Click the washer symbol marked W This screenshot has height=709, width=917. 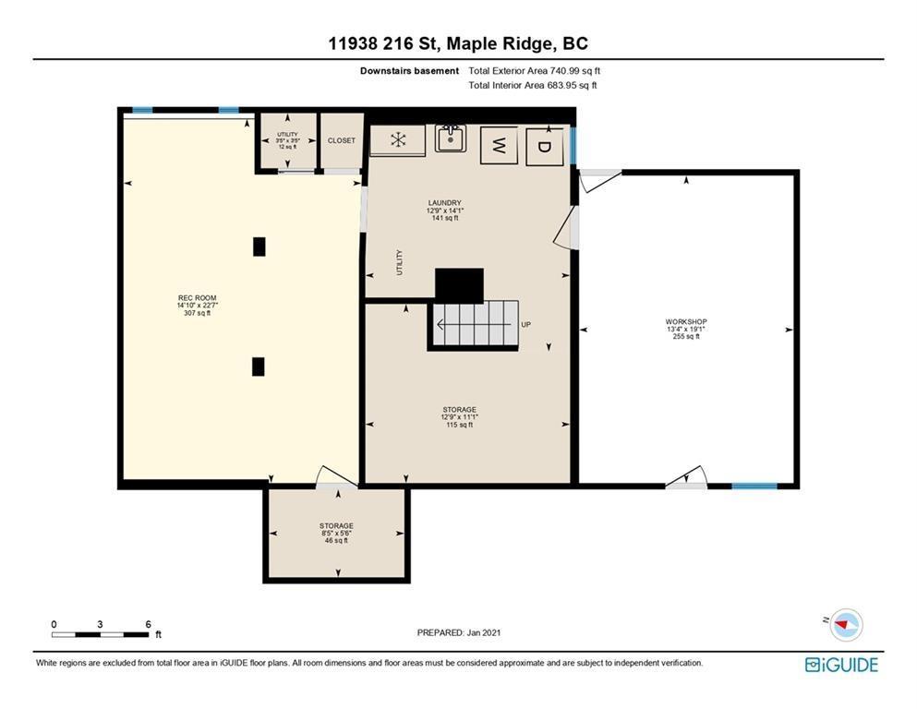(499, 145)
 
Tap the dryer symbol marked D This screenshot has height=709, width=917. (545, 146)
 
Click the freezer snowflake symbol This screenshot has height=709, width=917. (398, 140)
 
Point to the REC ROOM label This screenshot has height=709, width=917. (197, 298)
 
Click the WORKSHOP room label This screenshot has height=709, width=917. (686, 322)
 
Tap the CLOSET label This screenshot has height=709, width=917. (342, 141)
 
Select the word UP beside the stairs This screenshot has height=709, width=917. (525, 324)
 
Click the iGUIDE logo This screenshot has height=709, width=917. (841, 665)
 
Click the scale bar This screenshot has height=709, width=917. (100, 635)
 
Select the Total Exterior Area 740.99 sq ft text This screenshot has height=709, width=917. (535, 71)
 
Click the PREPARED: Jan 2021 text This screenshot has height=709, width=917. (458, 632)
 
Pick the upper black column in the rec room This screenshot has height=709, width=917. (259, 246)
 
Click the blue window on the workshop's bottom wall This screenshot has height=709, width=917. (754, 486)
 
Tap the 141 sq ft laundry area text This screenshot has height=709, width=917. (445, 218)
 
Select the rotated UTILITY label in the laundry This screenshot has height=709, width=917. (400, 262)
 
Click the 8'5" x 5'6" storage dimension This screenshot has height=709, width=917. (336, 533)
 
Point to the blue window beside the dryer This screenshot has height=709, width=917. (573, 146)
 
